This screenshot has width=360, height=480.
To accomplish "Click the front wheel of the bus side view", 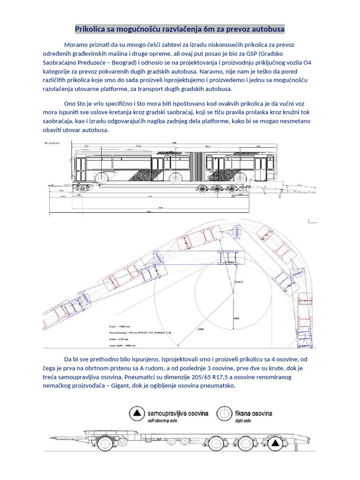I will (102, 178).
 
